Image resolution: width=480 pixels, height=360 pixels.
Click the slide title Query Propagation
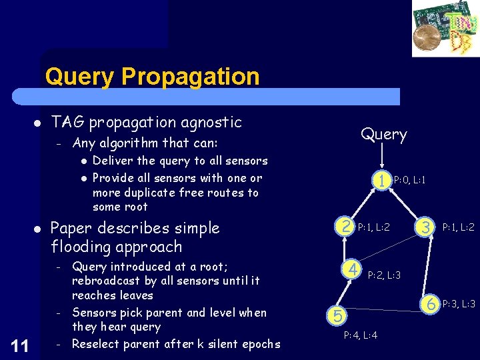pyautogui.click(x=152, y=77)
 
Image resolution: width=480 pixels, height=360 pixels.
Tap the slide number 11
pyautogui.click(x=20, y=345)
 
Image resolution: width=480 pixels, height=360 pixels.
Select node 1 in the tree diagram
pyautogui.click(x=381, y=179)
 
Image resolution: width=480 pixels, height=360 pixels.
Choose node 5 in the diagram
pyautogui.click(x=337, y=314)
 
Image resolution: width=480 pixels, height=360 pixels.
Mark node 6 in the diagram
pyautogui.click(x=431, y=303)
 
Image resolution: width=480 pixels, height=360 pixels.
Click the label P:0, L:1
pyautogui.click(x=409, y=180)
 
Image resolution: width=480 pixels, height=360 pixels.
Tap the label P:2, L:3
pyautogui.click(x=384, y=275)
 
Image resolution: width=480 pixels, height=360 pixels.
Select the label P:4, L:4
pyautogui.click(x=360, y=335)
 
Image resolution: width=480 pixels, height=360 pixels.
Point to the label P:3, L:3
pyautogui.click(x=458, y=304)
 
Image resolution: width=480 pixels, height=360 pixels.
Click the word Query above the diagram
pyautogui.click(x=383, y=134)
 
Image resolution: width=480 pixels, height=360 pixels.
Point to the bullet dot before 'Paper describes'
pyautogui.click(x=37, y=229)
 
